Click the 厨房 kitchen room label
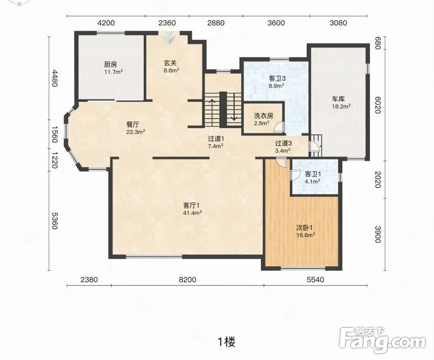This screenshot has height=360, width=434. coord(110,65)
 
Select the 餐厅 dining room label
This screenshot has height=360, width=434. coord(133,125)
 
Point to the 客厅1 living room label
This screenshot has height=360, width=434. coord(191,205)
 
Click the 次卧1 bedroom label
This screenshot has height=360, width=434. coord(305,228)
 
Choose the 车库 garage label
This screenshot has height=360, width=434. coord(338,99)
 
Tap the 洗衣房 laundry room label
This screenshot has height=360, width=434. coord(263,116)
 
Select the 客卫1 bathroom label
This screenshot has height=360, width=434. coord(313,174)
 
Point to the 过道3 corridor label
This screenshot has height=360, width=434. coord(283,143)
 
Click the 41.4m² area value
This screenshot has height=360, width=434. coord(192,213)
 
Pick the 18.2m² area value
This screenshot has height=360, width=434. coord(341,106)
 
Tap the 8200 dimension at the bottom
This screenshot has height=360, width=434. coord(188,280)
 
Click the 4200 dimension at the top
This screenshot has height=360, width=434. coord(106,23)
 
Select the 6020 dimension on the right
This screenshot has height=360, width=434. coord(377,105)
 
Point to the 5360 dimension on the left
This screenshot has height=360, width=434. coord(55,221)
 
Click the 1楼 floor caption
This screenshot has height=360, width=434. coord(227,342)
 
